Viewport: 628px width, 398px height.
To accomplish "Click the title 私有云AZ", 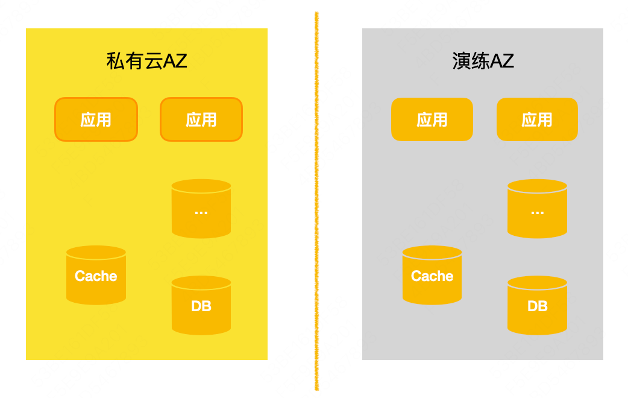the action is click(x=146, y=61).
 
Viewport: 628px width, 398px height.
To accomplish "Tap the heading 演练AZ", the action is click(x=483, y=61).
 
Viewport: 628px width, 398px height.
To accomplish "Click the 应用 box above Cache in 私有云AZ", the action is click(x=96, y=119).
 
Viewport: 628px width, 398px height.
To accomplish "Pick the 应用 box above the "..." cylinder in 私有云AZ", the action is click(x=201, y=119).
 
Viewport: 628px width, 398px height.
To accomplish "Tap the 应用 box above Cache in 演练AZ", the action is click(x=432, y=119).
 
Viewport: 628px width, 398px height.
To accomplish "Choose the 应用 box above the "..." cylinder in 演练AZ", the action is click(x=537, y=119).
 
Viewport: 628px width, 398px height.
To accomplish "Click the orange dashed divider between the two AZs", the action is click(x=316, y=199).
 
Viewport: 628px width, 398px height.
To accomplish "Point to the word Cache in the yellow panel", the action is click(x=96, y=276).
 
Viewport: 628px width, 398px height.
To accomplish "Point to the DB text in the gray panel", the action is click(x=537, y=306).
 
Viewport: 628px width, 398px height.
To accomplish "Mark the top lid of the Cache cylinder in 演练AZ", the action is click(x=432, y=252).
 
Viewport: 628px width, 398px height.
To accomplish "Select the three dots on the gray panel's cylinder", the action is click(x=537, y=212).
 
